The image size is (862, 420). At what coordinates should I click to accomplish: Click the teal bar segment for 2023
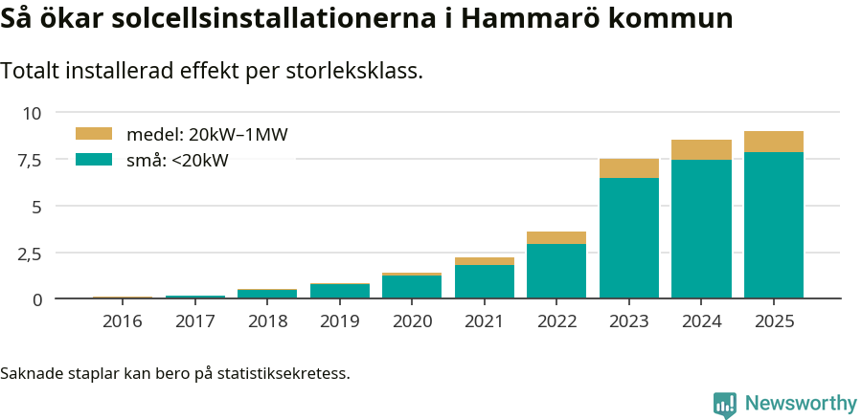pos(629,237)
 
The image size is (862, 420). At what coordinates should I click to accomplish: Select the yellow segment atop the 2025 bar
pos(774,142)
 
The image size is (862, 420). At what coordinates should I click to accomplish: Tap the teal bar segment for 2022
pos(556,271)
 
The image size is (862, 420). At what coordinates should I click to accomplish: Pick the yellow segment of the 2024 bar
pos(701,149)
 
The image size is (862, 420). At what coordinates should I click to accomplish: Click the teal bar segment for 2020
pos(412,287)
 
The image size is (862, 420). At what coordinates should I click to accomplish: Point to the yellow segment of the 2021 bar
pos(485,261)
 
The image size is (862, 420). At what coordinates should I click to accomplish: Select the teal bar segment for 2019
pos(339,291)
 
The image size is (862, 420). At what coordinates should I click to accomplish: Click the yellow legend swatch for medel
pos(94,134)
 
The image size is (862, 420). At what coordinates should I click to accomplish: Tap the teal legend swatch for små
pos(94,160)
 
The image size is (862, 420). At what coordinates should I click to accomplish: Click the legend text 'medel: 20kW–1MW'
pos(207,135)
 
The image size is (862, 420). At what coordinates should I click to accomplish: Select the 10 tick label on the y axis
pos(33,113)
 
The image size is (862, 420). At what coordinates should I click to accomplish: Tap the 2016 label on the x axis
pos(122,321)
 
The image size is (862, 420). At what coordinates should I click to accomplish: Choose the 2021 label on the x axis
pos(485,321)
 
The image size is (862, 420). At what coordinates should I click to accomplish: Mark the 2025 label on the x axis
pos(774,321)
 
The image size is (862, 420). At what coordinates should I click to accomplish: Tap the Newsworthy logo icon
pos(725,404)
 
